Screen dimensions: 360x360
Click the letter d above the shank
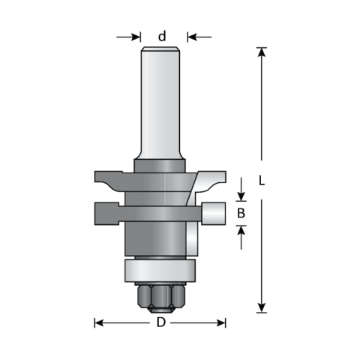pyautogui.click(x=162, y=36)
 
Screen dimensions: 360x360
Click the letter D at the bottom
pyautogui.click(x=160, y=323)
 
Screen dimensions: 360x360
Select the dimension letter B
pyautogui.click(x=241, y=214)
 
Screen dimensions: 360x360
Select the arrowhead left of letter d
pyautogui.click(x=136, y=36)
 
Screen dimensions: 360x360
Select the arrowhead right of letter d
pyautogui.click(x=190, y=36)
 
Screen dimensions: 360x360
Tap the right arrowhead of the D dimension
pyautogui.click(x=221, y=323)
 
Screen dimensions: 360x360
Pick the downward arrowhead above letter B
pyautogui.click(x=241, y=197)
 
